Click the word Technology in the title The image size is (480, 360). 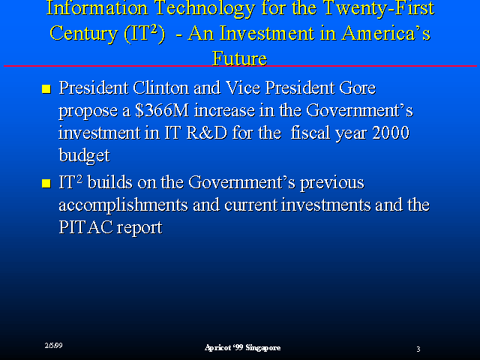[205, 9]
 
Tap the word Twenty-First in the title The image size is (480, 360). [379, 8]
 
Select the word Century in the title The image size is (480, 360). [83, 34]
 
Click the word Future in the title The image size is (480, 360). [239, 58]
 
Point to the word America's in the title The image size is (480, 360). [385, 33]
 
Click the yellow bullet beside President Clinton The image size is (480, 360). [46, 88]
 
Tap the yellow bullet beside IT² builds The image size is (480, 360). [46, 183]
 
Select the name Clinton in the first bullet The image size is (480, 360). [160, 88]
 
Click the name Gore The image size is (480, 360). [357, 88]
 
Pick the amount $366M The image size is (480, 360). [162, 110]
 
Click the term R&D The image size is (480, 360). [207, 133]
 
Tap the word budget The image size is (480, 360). [84, 155]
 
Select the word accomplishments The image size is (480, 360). [123, 205]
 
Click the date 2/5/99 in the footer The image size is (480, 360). [53, 346]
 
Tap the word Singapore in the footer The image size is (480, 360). [263, 348]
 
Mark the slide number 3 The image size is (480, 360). [418, 349]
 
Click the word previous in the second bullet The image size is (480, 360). [331, 183]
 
